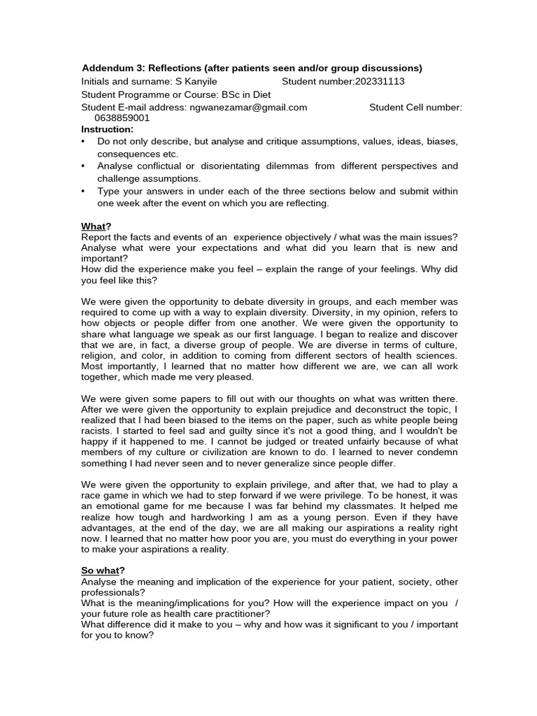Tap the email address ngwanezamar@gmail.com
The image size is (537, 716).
(248, 107)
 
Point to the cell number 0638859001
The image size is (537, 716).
(123, 118)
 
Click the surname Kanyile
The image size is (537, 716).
(201, 82)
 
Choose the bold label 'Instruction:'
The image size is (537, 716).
(107, 129)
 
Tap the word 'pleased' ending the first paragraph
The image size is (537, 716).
(236, 377)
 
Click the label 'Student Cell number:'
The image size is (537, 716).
(415, 107)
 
